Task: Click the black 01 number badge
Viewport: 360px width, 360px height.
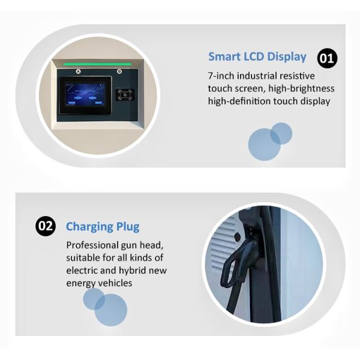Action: click(x=327, y=58)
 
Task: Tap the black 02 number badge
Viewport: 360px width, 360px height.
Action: click(x=46, y=226)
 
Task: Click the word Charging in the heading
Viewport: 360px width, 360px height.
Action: click(x=89, y=227)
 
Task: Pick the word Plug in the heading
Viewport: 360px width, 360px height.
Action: click(x=128, y=227)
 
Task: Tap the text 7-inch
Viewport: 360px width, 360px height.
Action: click(x=221, y=76)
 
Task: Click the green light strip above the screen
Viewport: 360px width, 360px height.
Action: click(x=97, y=64)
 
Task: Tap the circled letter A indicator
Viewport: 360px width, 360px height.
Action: click(x=78, y=71)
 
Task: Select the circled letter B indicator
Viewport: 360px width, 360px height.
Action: click(x=119, y=71)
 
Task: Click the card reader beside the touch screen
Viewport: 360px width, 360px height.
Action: click(x=125, y=95)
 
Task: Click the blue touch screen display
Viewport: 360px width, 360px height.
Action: click(x=85, y=94)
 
